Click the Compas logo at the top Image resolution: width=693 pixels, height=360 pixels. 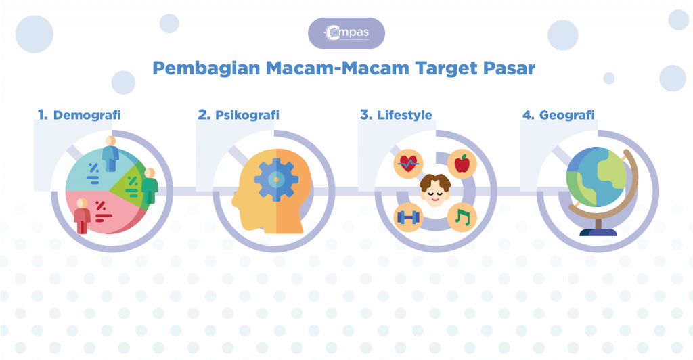[346, 33]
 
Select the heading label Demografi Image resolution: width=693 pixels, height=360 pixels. [87, 115]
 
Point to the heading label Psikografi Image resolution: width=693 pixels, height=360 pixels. [247, 115]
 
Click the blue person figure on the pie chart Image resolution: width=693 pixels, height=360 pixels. [110, 153]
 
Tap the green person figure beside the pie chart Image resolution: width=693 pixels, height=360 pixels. [148, 186]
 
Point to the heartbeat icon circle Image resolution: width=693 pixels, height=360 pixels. [408, 163]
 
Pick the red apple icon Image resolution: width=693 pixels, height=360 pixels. [462, 163]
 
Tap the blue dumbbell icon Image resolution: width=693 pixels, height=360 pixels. [408, 217]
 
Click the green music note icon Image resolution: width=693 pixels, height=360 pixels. [462, 217]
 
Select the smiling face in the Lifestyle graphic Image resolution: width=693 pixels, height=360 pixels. [435, 190]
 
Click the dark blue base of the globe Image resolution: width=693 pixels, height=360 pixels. [598, 231]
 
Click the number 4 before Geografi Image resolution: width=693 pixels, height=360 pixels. [528, 115]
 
